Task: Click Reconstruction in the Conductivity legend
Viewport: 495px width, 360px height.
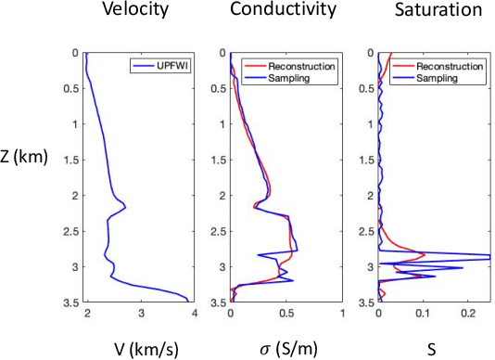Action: [x=302, y=66]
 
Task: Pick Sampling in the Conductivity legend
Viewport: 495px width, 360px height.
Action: [x=292, y=78]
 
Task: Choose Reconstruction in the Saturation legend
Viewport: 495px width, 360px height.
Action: [x=450, y=66]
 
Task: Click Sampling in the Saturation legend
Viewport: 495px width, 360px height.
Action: [x=439, y=78]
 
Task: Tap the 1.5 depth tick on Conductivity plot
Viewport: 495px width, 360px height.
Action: [x=219, y=160]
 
